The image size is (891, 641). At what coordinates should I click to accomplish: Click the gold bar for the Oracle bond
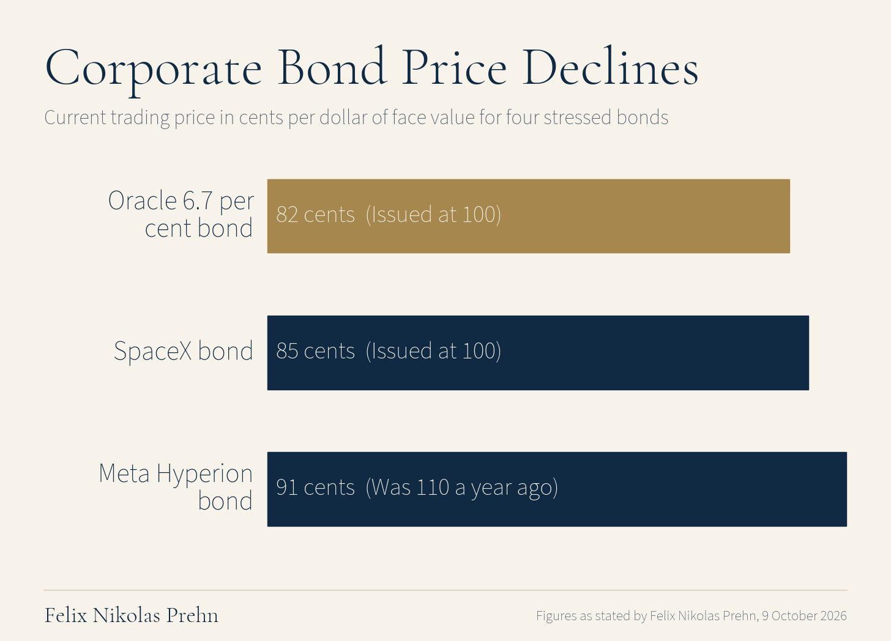click(x=528, y=216)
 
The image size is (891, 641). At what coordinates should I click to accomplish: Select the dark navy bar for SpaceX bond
click(x=538, y=353)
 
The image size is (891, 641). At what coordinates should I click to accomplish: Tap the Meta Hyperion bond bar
click(x=557, y=489)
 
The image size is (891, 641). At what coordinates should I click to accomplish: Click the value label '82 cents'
click(x=315, y=215)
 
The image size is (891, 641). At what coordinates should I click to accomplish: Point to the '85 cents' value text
click(x=315, y=351)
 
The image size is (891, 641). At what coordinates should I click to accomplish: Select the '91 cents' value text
click(x=315, y=487)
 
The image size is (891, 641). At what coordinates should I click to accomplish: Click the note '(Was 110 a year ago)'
click(x=462, y=488)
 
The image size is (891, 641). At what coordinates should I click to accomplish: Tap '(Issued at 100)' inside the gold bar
click(x=433, y=215)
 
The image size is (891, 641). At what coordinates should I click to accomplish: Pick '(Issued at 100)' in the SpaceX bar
click(x=433, y=351)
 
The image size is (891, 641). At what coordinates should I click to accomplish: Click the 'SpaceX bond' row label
click(x=184, y=352)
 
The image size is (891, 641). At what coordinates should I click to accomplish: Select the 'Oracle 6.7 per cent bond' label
click(x=181, y=214)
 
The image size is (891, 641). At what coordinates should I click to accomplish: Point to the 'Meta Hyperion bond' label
click(x=176, y=487)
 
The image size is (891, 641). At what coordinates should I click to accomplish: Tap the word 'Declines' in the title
click(x=610, y=66)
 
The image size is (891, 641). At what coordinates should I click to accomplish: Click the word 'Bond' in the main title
click(x=332, y=66)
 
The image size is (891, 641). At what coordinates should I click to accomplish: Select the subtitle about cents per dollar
click(x=356, y=118)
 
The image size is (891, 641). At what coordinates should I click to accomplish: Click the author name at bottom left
click(x=131, y=615)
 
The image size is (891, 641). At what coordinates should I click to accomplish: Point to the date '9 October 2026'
click(x=804, y=616)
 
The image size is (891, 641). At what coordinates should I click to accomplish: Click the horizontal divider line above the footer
click(x=446, y=590)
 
